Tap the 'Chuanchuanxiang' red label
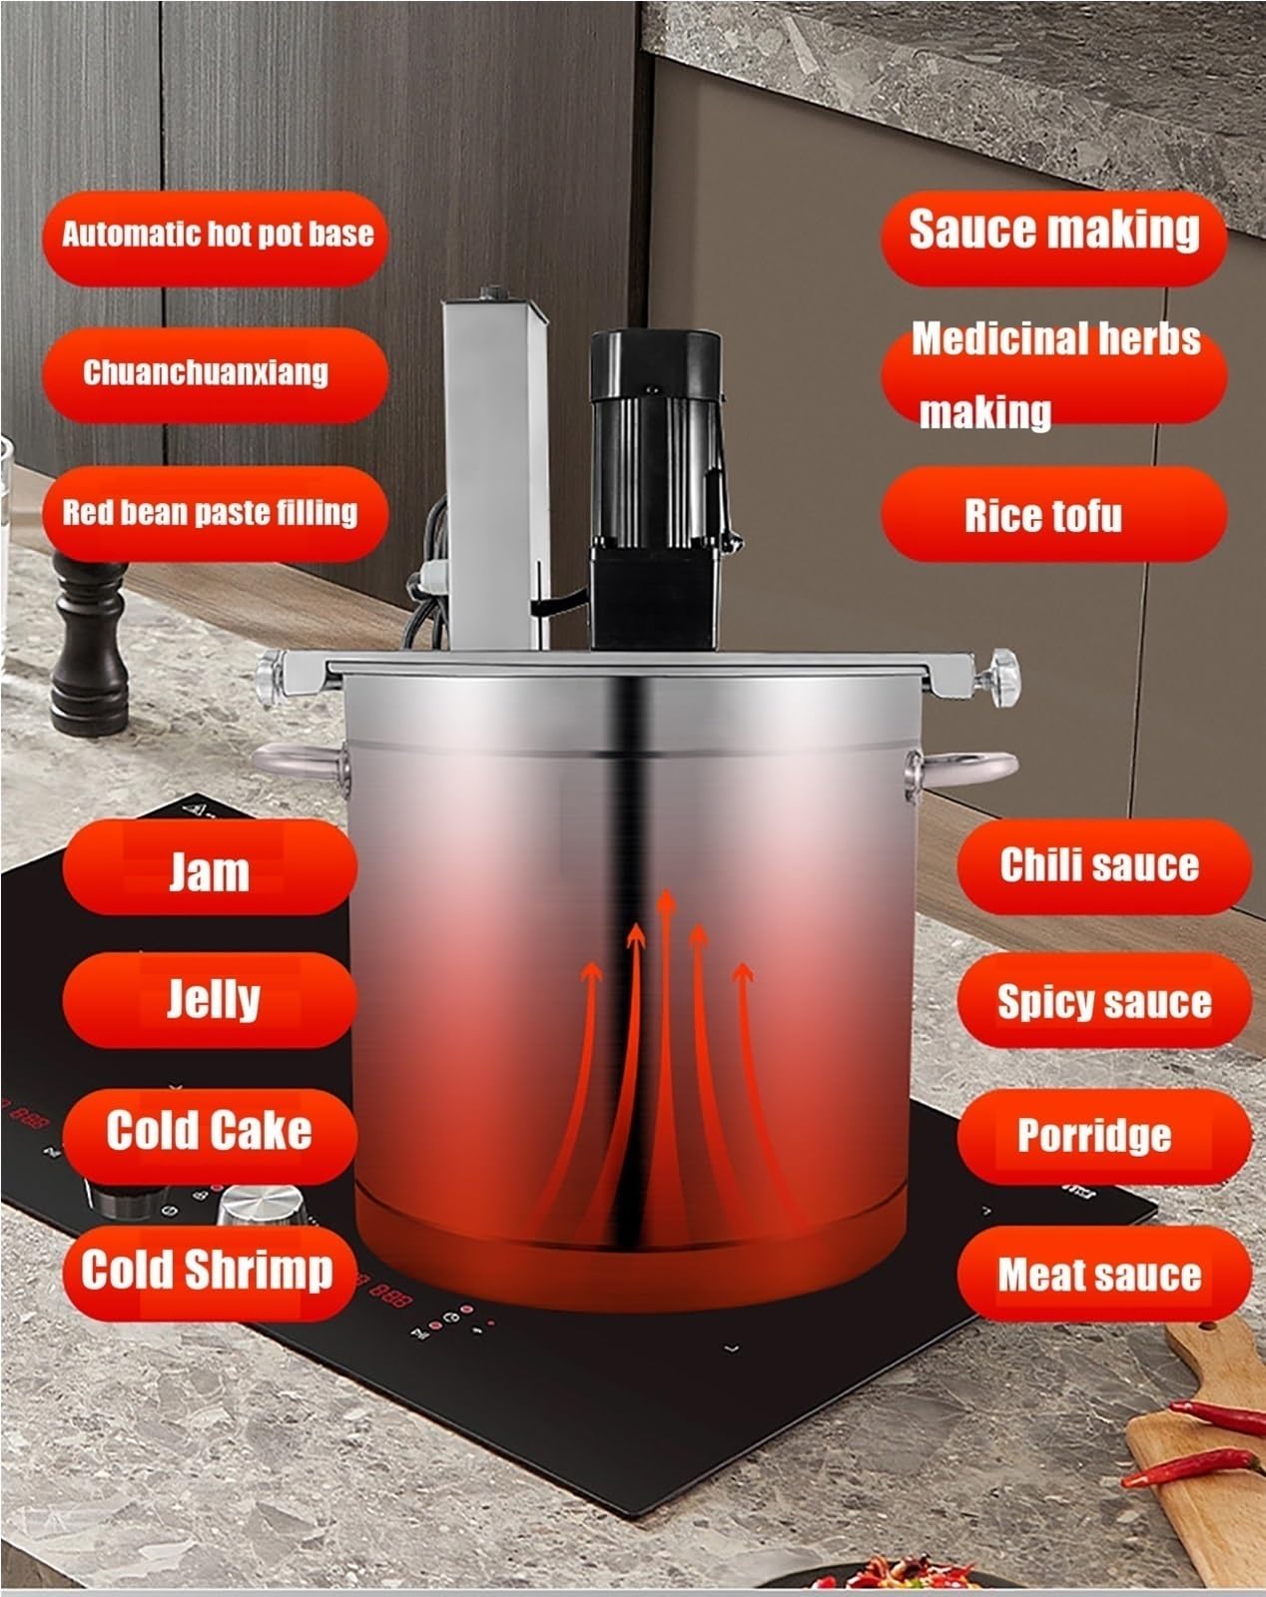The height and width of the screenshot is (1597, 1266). tap(216, 374)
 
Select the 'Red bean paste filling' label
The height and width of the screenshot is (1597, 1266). tap(216, 513)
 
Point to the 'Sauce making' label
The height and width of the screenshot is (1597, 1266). tap(1053, 239)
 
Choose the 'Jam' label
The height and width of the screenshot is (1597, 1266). tap(210, 867)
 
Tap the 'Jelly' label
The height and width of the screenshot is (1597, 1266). tap(210, 1000)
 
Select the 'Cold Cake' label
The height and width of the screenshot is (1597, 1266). tap(210, 1137)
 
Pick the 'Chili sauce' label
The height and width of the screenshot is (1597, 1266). tap(1104, 867)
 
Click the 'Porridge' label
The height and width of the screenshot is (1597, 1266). tap(1104, 1137)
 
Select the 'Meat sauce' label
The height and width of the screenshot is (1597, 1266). tap(1104, 1274)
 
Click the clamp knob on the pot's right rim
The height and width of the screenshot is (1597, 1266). tap(1000, 678)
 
